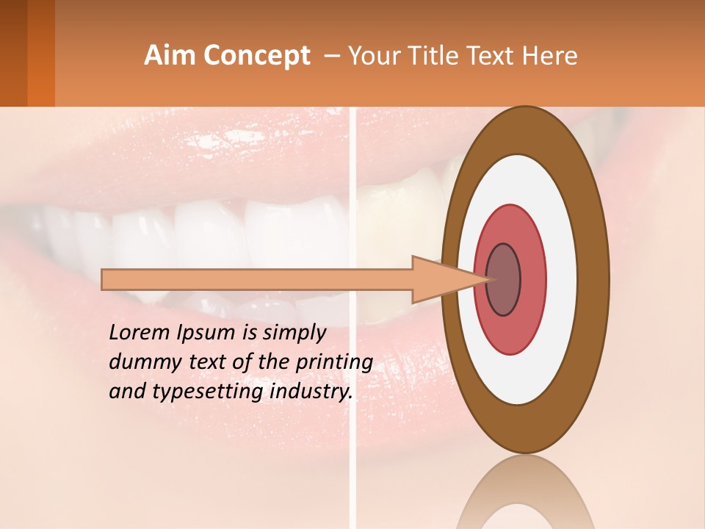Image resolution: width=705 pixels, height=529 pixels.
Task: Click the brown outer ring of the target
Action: tap(524, 131)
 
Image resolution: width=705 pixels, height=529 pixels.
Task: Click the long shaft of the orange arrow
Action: tap(257, 279)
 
